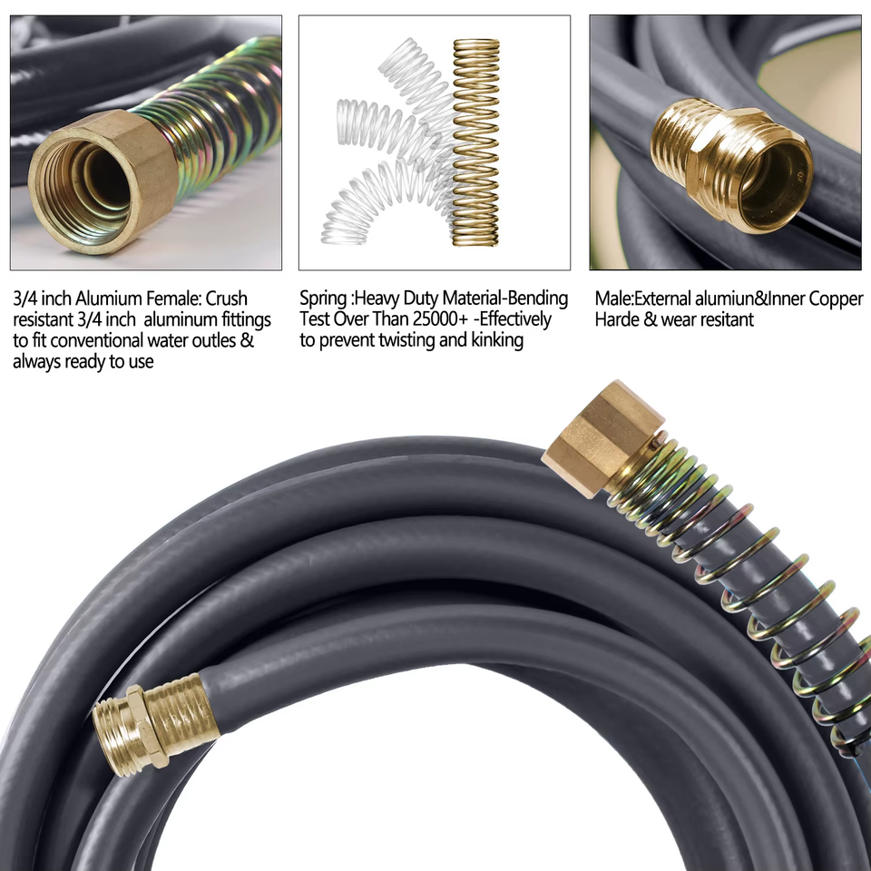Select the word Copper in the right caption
(836, 298)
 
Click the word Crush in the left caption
(227, 298)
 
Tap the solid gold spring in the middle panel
(476, 142)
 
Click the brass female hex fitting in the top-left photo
(103, 181)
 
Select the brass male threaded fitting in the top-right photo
(732, 163)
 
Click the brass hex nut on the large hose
(602, 439)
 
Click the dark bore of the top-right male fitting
(774, 181)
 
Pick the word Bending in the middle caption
(538, 298)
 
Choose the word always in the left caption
(36, 362)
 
